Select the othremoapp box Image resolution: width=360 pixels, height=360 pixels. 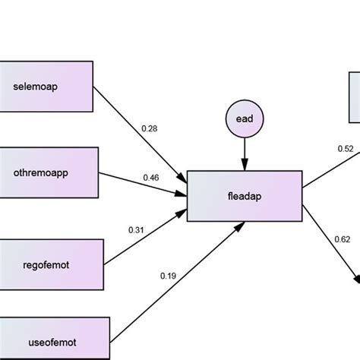click(x=49, y=172)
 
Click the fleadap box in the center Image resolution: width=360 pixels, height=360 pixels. click(x=244, y=197)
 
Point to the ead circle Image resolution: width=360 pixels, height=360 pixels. click(x=244, y=120)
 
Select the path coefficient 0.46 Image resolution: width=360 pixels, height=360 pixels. click(x=151, y=178)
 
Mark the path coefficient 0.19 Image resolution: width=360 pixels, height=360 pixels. click(x=168, y=276)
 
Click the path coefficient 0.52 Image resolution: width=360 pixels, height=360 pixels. click(x=346, y=149)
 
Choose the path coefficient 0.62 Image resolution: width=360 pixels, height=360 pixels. click(x=342, y=240)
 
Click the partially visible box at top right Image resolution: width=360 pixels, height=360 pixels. click(x=354, y=96)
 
